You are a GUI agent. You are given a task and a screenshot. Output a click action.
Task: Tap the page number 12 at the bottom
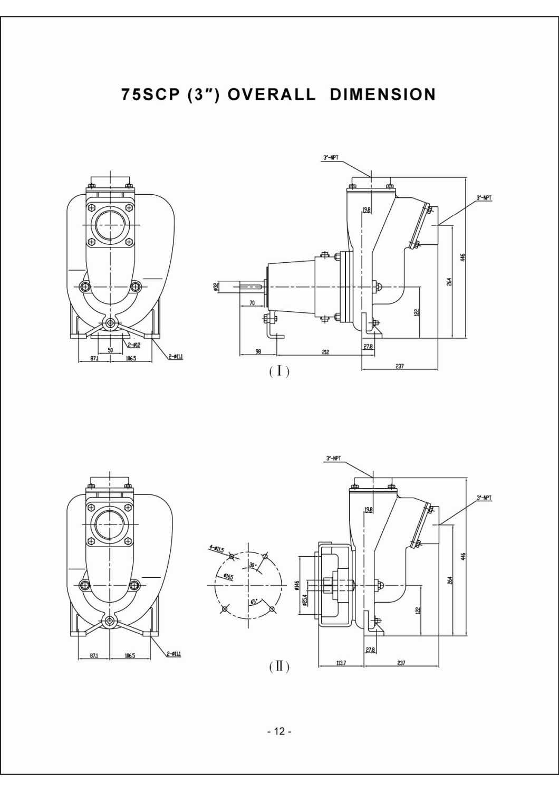pyautogui.click(x=279, y=731)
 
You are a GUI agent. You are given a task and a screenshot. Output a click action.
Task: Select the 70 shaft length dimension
pyautogui.click(x=252, y=303)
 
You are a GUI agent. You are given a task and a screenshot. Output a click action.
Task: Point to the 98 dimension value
pyautogui.click(x=258, y=351)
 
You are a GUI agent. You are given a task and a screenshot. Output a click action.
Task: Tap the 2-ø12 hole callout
pyautogui.click(x=134, y=345)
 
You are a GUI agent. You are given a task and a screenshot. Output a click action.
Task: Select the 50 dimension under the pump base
pyautogui.click(x=110, y=350)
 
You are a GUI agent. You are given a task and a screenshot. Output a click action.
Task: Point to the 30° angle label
pyautogui.click(x=253, y=565)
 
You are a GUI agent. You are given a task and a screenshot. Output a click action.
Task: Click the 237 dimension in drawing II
pyautogui.click(x=401, y=663)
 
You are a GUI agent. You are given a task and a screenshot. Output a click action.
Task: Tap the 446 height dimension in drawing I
pyautogui.click(x=462, y=258)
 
